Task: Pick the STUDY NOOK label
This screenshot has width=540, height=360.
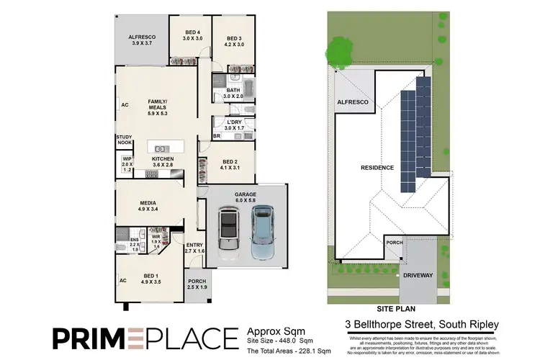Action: point(124,141)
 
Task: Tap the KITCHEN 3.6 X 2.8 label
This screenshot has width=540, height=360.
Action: point(162,161)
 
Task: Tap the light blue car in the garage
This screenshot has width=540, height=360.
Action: point(263,232)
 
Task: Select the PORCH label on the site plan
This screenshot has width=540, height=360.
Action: point(394,243)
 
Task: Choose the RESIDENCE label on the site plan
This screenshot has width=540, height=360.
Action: point(378,168)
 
